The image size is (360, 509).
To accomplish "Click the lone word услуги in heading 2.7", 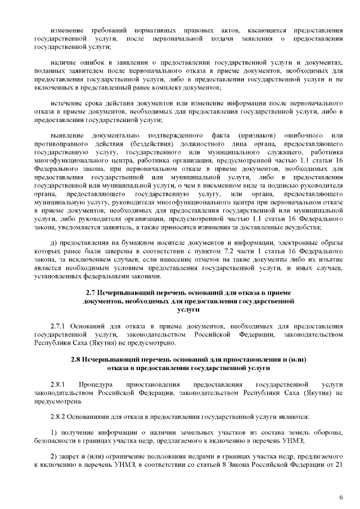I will [x=188, y=309].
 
